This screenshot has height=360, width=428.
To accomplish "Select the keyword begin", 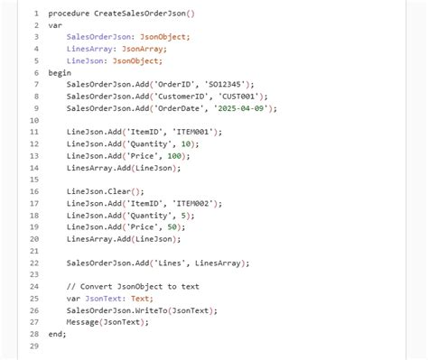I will click(60, 72).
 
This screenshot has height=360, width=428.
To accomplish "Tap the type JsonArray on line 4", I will click(144, 49).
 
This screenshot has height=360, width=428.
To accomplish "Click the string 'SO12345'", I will click(232, 84).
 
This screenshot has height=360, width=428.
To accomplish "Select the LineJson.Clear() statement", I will click(105, 191).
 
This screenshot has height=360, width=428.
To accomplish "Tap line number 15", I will click(33, 180).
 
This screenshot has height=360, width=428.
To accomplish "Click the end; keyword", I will click(57, 334).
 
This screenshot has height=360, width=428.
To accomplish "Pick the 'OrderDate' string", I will click(186, 107).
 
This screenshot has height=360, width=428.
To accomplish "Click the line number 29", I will click(33, 346).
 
